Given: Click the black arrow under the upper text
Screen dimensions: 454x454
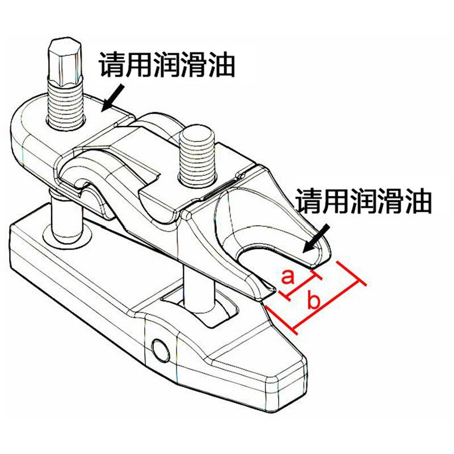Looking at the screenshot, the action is coord(113,97).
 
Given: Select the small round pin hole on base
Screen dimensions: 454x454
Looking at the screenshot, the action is coord(161,350).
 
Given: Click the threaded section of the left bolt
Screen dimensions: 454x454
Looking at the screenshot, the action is coord(65,105).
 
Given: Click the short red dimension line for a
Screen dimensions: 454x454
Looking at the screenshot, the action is coord(301,286).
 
